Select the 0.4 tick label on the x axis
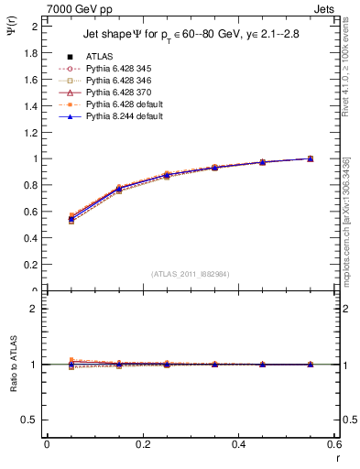pos(238,444)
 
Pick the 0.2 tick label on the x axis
pos(142,444)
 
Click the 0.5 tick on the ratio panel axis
pos(31,420)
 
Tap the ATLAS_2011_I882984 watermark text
pos(191,273)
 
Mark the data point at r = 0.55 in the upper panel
pos(310,158)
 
